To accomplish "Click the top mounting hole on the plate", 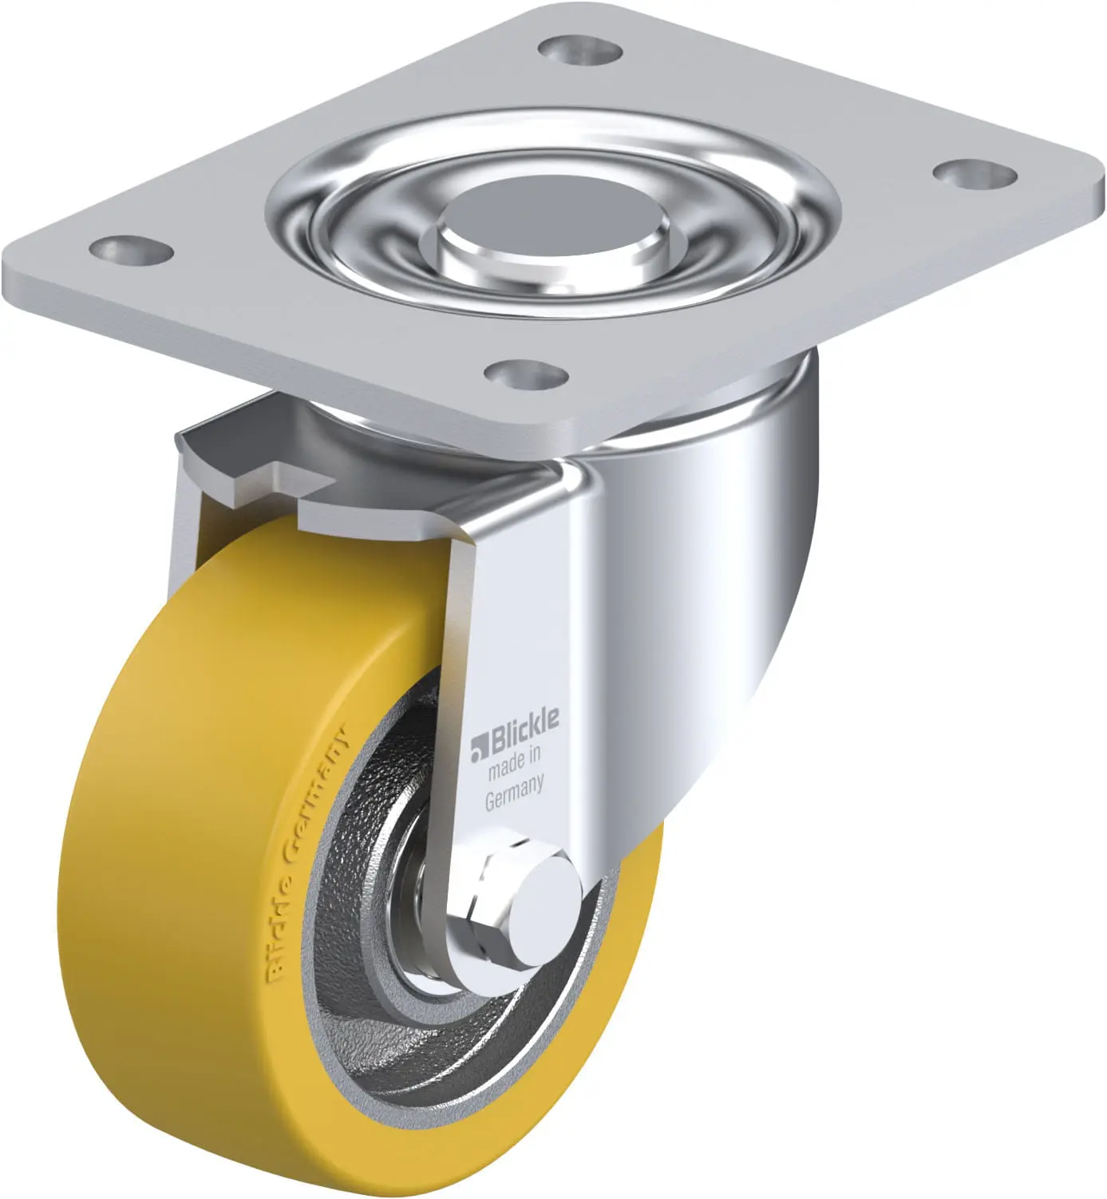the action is pyautogui.click(x=579, y=49).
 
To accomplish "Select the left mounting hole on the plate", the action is pyautogui.click(x=131, y=251).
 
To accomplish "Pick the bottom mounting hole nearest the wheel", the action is pyautogui.click(x=526, y=374).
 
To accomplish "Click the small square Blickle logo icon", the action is pyautogui.click(x=479, y=748).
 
